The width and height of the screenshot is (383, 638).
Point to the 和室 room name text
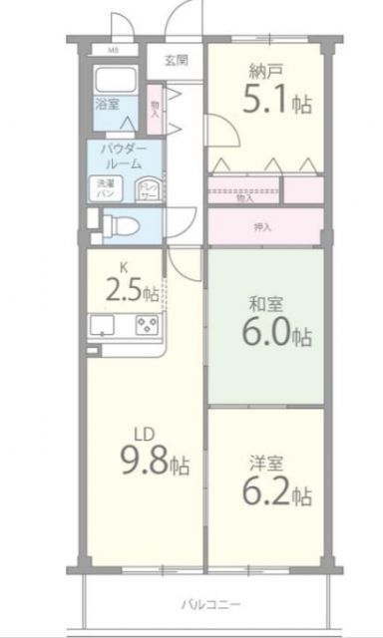tap(263, 302)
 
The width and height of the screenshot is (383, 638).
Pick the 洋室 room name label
tap(263, 464)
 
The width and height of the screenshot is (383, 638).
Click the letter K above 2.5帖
tap(124, 267)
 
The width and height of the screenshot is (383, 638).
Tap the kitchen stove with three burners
tap(147, 325)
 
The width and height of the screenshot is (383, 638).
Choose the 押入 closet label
tap(261, 227)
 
